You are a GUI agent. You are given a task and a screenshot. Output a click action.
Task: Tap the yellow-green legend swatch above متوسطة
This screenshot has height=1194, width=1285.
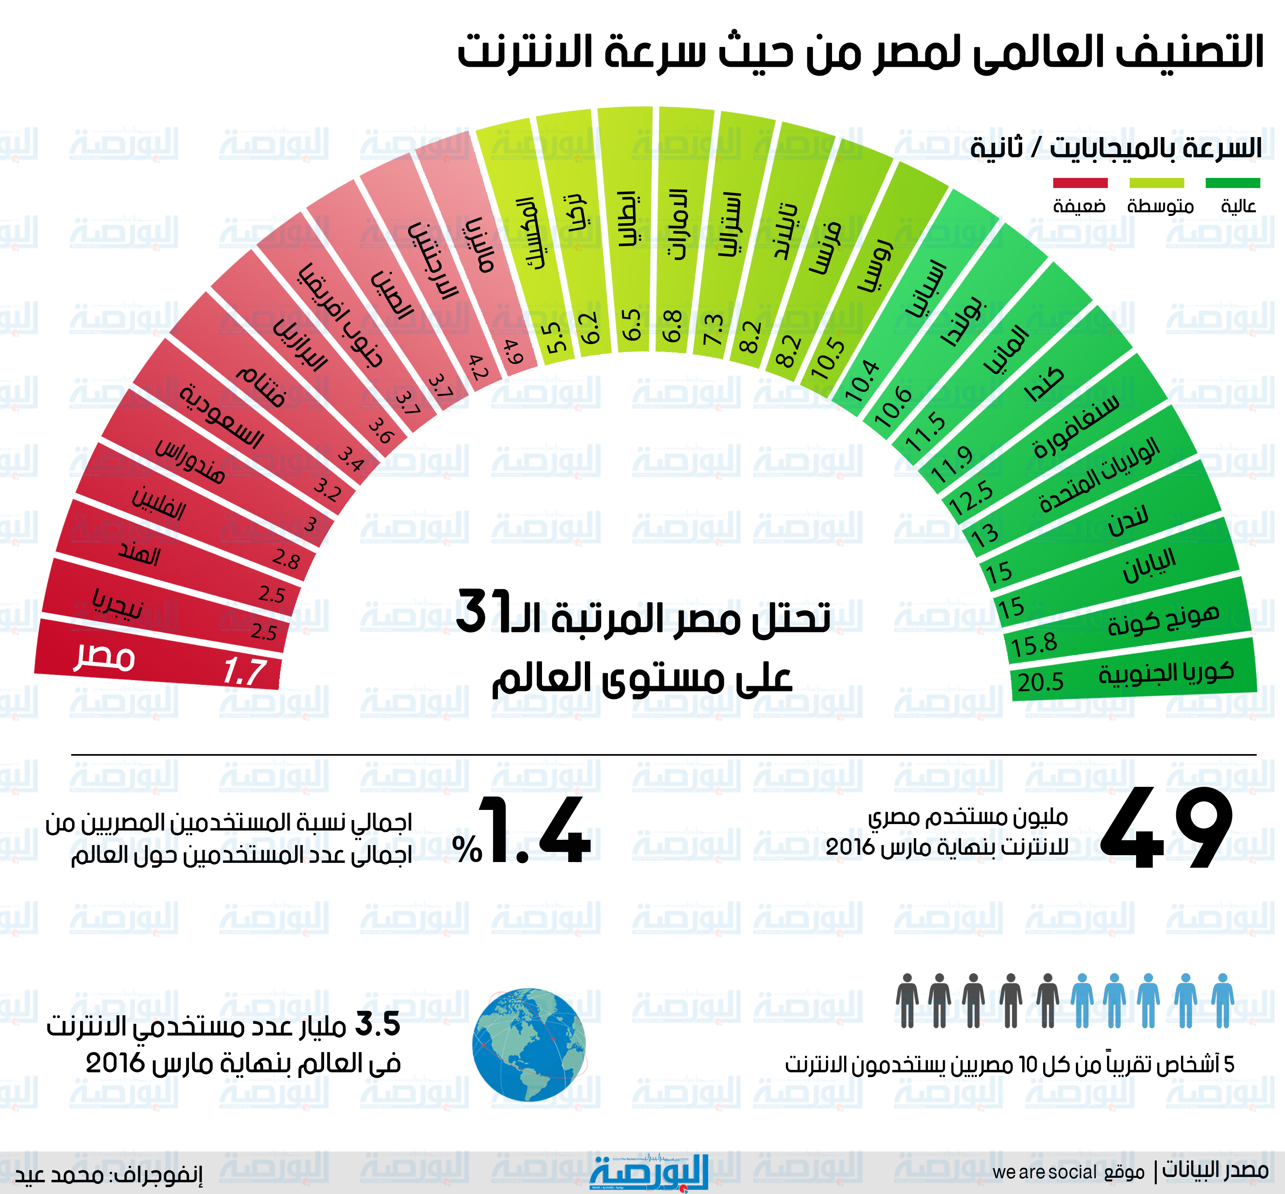pyautogui.click(x=1156, y=183)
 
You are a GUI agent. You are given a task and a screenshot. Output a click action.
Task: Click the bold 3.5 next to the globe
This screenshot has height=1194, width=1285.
pyautogui.click(x=378, y=1024)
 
